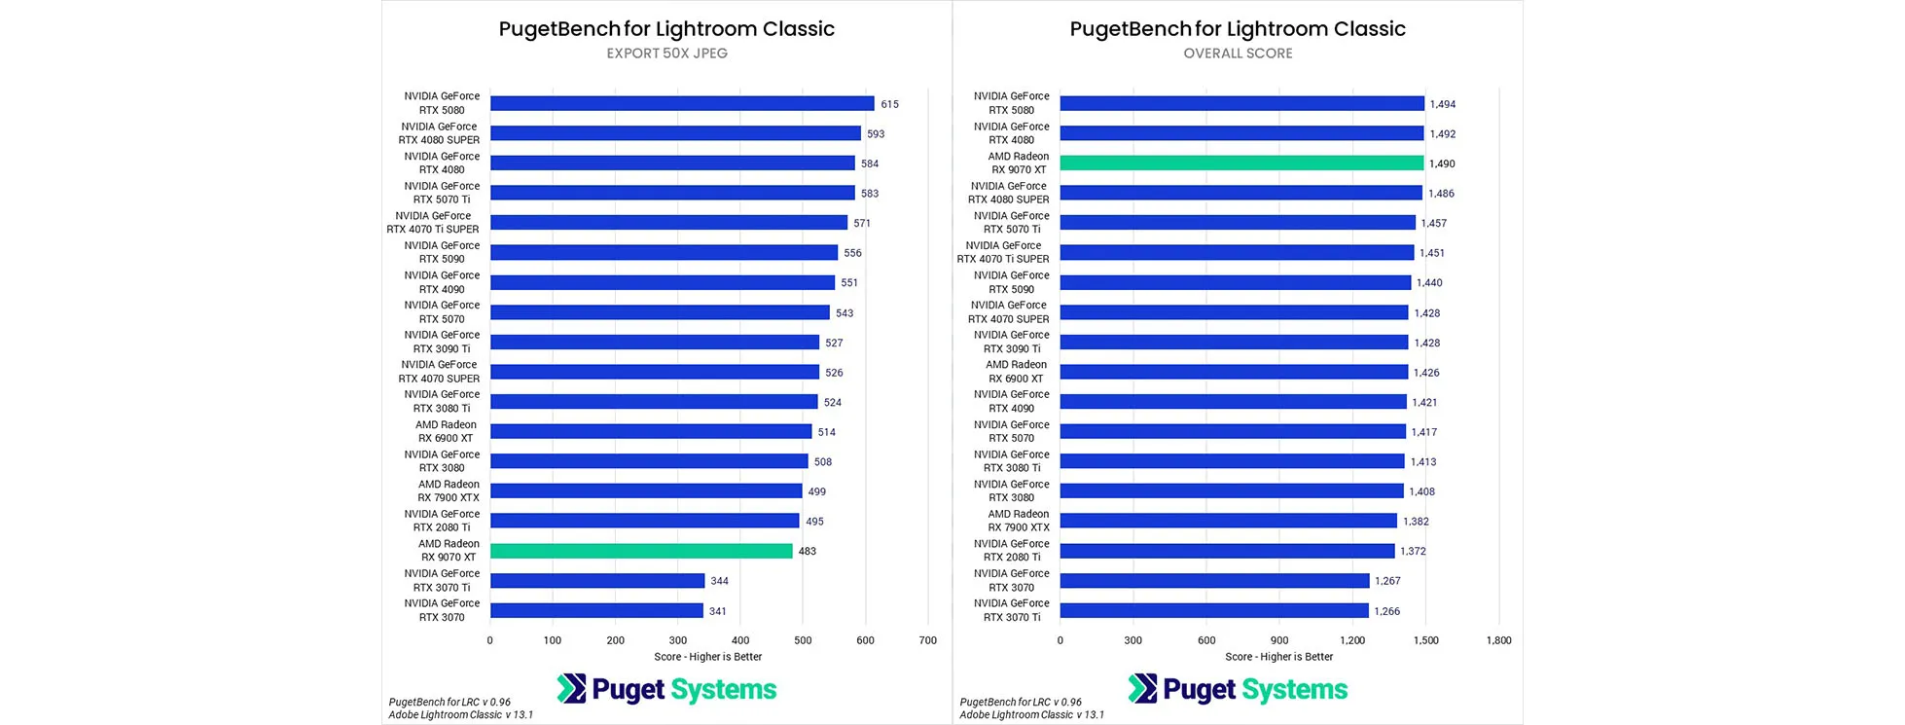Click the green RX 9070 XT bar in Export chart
tap(641, 551)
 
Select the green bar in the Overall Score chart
tap(1241, 163)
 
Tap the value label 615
tap(889, 104)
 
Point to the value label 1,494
tap(1442, 104)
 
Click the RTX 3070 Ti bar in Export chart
tap(597, 581)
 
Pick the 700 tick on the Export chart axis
tap(927, 640)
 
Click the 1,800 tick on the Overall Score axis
tap(1498, 640)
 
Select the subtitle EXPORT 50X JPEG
tap(666, 54)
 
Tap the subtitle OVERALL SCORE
tap(1238, 54)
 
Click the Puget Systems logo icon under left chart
tap(571, 689)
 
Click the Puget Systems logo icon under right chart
tap(1142, 689)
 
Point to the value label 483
tap(808, 551)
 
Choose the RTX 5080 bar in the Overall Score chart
tap(1241, 103)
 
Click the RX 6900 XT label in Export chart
tap(446, 431)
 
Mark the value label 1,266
tap(1386, 611)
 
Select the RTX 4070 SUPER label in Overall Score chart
tap(1009, 311)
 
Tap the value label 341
tap(717, 611)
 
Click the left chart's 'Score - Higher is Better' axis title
tap(708, 657)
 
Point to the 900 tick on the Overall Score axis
tap(1278, 640)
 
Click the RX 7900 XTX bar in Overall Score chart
tap(1228, 521)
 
